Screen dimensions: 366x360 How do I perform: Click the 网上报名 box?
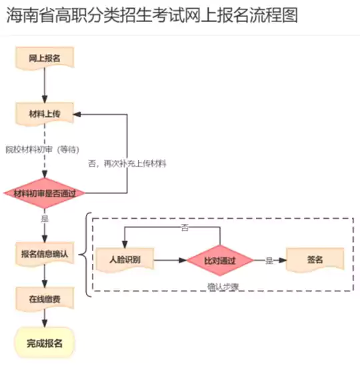tap(45, 59)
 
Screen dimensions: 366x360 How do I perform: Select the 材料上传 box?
tap(45, 115)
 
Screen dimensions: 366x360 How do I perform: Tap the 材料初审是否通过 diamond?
tap(45, 193)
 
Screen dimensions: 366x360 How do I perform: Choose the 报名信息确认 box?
tap(45, 255)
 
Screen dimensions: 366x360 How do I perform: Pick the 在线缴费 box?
tap(45, 299)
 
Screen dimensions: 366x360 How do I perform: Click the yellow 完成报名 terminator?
tap(45, 344)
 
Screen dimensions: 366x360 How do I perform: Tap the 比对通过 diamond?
tap(221, 260)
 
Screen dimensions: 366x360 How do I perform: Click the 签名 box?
tap(315, 260)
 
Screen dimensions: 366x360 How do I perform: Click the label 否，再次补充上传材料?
tap(127, 163)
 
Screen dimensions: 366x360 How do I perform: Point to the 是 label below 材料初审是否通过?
tap(45, 218)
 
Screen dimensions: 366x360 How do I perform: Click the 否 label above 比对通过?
tap(185, 229)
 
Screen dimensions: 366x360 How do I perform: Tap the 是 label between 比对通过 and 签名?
tap(269, 261)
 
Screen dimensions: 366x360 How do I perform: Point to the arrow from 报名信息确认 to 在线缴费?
tap(45, 277)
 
